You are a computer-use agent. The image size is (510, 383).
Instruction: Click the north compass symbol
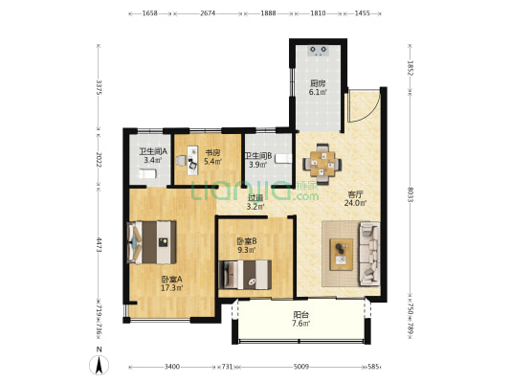tap(100, 365)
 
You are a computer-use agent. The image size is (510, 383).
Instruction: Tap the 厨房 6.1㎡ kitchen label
tap(318, 87)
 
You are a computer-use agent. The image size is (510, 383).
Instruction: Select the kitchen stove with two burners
tap(318, 51)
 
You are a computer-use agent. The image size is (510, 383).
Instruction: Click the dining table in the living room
tap(322, 165)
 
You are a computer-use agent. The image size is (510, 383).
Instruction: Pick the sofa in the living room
tap(369, 254)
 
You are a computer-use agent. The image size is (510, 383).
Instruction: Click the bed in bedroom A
tap(151, 242)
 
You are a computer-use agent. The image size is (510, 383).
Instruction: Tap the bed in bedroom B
tap(245, 275)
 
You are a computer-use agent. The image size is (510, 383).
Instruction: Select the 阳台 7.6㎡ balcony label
tap(300, 319)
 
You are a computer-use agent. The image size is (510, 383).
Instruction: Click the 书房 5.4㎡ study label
tap(212, 156)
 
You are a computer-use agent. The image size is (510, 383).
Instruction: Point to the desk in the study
tap(192, 161)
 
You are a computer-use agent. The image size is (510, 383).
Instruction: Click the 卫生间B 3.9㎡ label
tap(258, 160)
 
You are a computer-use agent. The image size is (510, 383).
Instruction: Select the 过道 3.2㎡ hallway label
tap(255, 202)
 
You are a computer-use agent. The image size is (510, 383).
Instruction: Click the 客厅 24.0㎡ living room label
tap(355, 199)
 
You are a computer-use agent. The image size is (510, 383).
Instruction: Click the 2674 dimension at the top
tap(208, 13)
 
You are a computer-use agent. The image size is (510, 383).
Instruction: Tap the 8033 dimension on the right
tap(410, 195)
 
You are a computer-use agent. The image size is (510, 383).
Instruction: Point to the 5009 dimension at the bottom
tap(301, 367)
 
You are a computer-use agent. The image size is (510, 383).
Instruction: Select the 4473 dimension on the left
tap(99, 245)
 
